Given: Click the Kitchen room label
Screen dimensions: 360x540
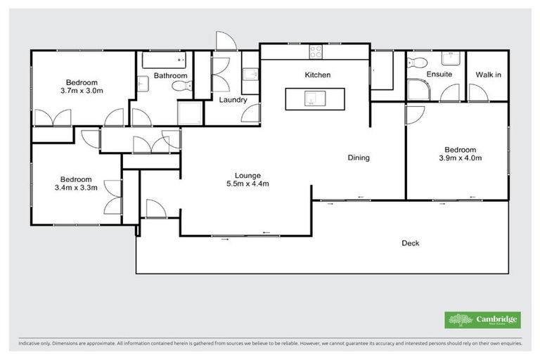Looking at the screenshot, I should coord(317,75).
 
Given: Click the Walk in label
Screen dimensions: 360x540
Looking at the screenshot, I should coord(488,75).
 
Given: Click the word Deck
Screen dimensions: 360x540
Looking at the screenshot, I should coord(410,243).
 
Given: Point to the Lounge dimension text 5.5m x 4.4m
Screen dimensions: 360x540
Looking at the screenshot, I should coord(247,184).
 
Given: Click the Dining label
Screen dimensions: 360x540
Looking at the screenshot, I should coord(359,158).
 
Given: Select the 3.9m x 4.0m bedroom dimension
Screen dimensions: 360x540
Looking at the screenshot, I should coord(460,158).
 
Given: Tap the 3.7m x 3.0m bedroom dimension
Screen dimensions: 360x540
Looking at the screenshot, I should coord(82,90).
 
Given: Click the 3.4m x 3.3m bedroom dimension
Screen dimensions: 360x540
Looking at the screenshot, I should coord(76,188).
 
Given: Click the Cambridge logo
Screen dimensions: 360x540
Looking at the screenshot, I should coord(483,320).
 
